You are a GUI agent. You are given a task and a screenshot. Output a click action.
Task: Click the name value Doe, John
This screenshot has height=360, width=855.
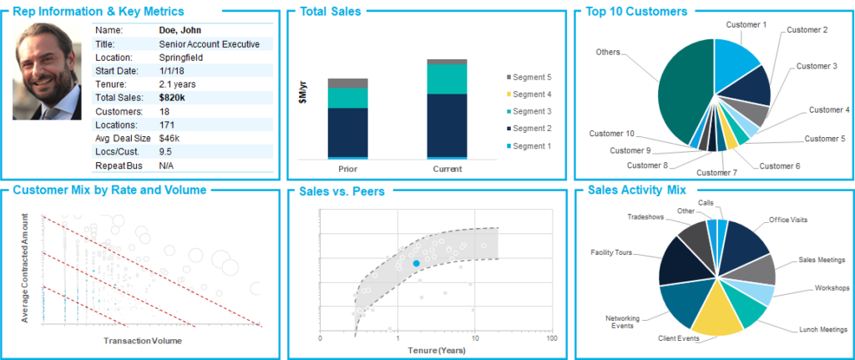pyautogui.click(x=180, y=30)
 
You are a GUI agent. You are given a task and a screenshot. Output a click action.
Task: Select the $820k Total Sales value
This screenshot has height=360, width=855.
pyautogui.click(x=173, y=97)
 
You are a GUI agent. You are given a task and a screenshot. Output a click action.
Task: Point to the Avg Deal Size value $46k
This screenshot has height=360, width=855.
pyautogui.click(x=169, y=137)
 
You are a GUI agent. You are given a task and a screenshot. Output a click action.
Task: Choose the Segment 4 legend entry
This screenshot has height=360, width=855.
pyautogui.click(x=531, y=94)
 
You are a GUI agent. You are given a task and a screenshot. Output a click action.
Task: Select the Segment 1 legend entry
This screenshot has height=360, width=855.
pyautogui.click(x=531, y=145)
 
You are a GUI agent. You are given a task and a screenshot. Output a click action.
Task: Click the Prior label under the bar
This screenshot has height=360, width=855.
pyautogui.click(x=347, y=168)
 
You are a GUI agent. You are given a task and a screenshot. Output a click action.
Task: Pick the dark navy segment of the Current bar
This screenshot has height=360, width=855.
pyautogui.click(x=447, y=124)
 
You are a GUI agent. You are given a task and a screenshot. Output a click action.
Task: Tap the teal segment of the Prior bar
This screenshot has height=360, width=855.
pyautogui.click(x=347, y=98)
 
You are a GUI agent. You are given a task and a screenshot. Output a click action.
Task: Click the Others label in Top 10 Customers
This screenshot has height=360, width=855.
pyautogui.click(x=607, y=52)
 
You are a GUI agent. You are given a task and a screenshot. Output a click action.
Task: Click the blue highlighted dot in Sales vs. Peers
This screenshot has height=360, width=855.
pyautogui.click(x=416, y=263)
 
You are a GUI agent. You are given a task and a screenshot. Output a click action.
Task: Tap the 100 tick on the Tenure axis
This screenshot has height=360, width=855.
pyautogui.click(x=551, y=339)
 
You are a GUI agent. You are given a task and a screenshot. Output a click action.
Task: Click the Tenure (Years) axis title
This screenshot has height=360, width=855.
pyautogui.click(x=435, y=349)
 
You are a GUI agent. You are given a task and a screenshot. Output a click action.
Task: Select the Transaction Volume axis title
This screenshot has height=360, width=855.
pyautogui.click(x=144, y=341)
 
